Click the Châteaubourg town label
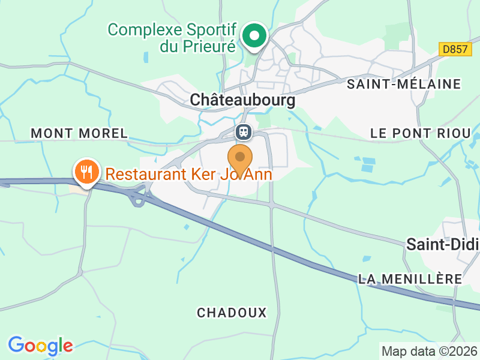(242, 100)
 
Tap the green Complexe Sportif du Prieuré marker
(255, 37)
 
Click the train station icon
(244, 131)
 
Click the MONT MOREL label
(79, 133)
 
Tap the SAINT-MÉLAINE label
(404, 84)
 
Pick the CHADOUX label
(232, 313)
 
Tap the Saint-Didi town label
(443, 244)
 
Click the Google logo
(40, 346)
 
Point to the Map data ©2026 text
(429, 351)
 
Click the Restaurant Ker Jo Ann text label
(189, 175)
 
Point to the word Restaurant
(142, 175)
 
